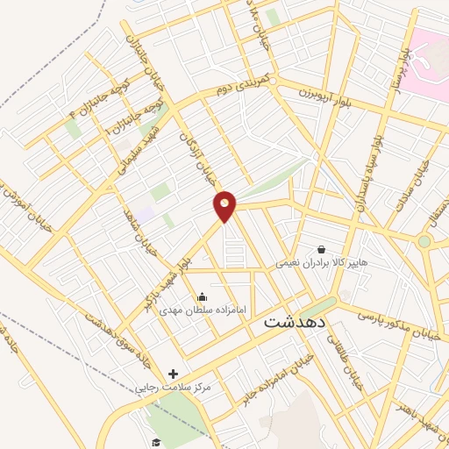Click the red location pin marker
(225, 206)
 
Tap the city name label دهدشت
(295, 323)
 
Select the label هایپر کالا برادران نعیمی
(321, 262)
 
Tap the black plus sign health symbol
(173, 374)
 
